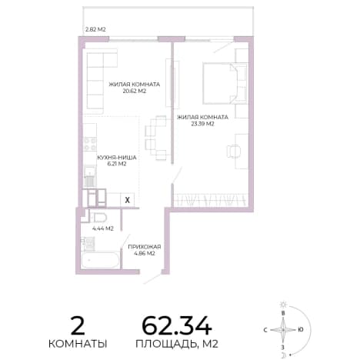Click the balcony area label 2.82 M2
point(95,29)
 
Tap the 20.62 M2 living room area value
point(135,91)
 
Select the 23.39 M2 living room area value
point(202,124)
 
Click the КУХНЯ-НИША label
point(117,158)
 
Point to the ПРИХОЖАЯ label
point(145,247)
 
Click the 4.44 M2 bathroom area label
point(103,228)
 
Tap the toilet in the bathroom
point(99,218)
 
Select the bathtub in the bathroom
point(100,260)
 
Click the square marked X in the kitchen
point(127,200)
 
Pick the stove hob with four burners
point(90,144)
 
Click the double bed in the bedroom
point(225,84)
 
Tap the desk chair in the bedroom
point(233,151)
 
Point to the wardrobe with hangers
point(211,200)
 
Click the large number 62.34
point(177,325)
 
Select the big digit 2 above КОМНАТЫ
point(78,325)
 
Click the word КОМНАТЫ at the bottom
point(78,344)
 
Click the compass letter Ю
point(301,330)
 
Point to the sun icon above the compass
point(283,305)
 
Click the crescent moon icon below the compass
point(284,355)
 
